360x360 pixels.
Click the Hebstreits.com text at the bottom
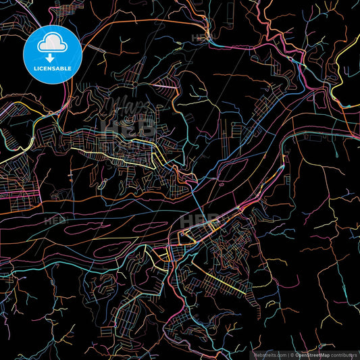(x=269, y=354)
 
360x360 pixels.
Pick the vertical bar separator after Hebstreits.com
(x=289, y=354)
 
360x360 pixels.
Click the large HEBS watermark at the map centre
(x=200, y=221)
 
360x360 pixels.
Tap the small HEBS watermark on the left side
(x=55, y=220)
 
